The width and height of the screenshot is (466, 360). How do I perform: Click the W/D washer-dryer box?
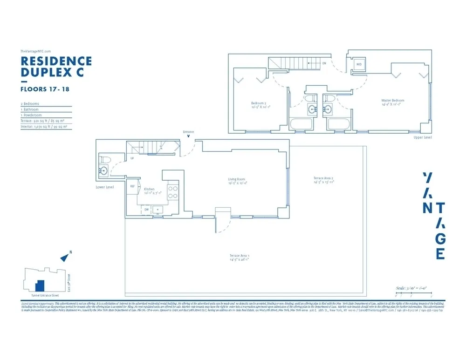pos(359,64)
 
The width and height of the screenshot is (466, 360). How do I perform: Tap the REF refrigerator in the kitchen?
pos(132,186)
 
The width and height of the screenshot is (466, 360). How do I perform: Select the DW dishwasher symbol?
pos(146,210)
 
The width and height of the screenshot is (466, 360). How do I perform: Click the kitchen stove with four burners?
pos(172,192)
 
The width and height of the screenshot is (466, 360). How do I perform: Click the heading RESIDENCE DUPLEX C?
pos(56,67)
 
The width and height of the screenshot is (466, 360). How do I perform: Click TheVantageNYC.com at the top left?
pos(35,51)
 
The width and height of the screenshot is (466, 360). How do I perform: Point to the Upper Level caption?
pos(423,138)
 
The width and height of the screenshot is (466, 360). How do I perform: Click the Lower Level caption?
pos(105,188)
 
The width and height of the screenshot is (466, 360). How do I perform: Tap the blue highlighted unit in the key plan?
pos(41,285)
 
